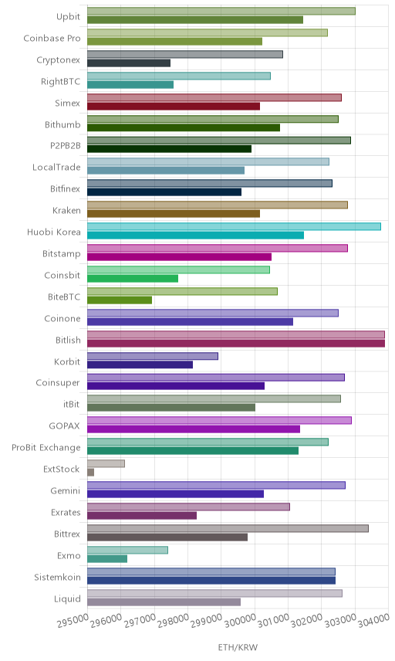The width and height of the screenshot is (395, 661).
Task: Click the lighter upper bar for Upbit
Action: click(221, 11)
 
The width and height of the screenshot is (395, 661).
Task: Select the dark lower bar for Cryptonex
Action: click(129, 63)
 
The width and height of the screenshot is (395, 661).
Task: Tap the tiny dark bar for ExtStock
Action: click(90, 473)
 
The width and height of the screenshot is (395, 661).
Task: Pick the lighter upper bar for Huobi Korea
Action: click(234, 226)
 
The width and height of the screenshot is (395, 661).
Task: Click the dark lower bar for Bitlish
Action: click(236, 344)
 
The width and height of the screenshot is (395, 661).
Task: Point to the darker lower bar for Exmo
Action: click(107, 559)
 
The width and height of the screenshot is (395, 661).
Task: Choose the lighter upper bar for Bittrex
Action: click(228, 528)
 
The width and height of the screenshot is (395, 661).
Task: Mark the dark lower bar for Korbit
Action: click(140, 365)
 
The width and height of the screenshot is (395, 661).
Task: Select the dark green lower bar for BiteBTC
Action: click(120, 300)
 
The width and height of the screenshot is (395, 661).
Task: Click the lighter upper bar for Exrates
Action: click(189, 507)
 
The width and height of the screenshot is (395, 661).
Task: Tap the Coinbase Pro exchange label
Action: click(52, 39)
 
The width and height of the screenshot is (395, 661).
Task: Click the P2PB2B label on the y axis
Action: click(66, 146)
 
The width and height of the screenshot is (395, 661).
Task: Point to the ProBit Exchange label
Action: click(46, 448)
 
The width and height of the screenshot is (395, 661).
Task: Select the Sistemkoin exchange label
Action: click(57, 577)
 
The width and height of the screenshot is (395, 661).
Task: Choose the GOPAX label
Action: click(64, 426)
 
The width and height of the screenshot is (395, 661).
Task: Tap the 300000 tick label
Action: click(240, 620)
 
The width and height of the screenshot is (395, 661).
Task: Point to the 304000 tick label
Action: click(374, 620)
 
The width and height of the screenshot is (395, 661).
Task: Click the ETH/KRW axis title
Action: click(238, 647)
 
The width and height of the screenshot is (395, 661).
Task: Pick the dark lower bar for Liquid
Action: click(164, 602)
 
